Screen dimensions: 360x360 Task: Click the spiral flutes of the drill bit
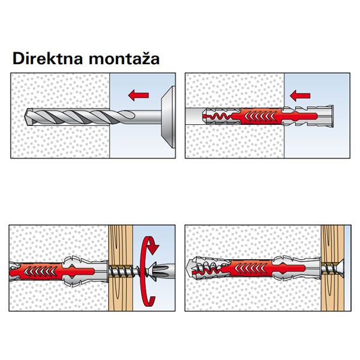tap(72, 116)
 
